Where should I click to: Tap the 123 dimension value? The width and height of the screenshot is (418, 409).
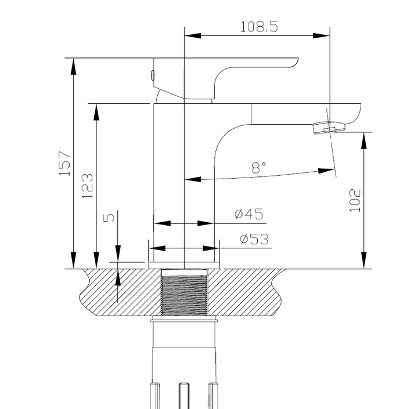click(x=87, y=186)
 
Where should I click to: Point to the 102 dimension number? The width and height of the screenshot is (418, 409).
click(x=355, y=200)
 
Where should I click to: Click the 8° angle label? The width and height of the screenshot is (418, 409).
click(x=258, y=168)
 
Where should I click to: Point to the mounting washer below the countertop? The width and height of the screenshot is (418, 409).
click(x=183, y=320)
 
